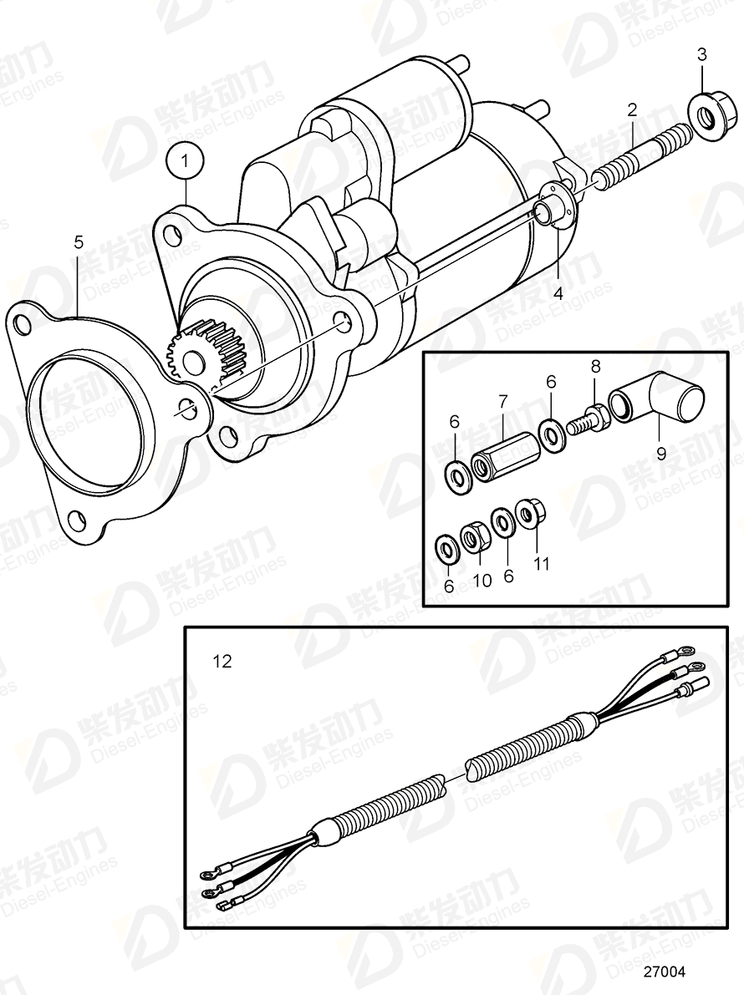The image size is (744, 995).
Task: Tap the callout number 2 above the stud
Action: (632, 109)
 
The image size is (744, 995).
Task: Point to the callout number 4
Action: (557, 293)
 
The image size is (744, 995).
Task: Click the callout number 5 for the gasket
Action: (79, 242)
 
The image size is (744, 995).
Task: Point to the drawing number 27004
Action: (663, 972)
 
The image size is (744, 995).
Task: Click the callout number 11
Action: (542, 564)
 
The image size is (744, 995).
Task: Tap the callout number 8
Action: (595, 365)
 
